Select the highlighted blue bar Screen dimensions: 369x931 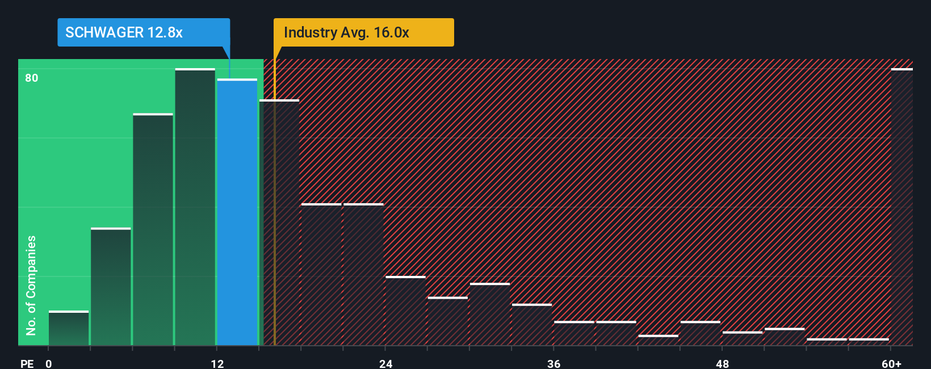click(x=237, y=212)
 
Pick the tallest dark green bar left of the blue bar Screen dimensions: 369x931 click(x=195, y=207)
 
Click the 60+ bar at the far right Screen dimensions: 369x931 click(x=901, y=207)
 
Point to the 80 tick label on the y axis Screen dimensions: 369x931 click(x=32, y=78)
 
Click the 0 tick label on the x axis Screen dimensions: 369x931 click(x=49, y=363)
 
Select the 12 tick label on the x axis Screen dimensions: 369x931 click(x=217, y=363)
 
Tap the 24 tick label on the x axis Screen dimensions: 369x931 click(x=386, y=363)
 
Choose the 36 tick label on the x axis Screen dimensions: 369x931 click(x=554, y=363)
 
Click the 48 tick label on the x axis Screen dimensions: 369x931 click(x=722, y=363)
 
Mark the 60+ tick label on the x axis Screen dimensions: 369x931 click(x=891, y=363)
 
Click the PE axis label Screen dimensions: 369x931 click(x=27, y=363)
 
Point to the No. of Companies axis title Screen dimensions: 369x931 click(x=31, y=285)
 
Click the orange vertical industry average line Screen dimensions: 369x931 click(x=275, y=227)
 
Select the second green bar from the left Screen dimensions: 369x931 click(x=111, y=287)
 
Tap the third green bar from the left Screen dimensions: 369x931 click(x=153, y=230)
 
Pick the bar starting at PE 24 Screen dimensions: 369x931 click(x=405, y=311)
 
